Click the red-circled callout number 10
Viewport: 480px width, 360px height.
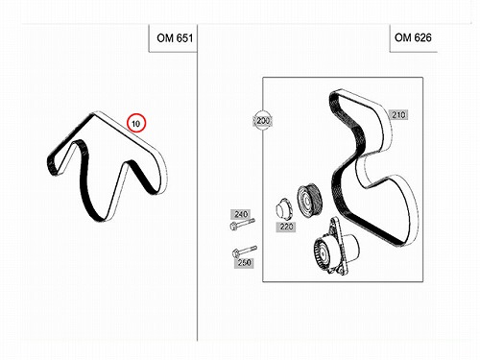tap(136, 123)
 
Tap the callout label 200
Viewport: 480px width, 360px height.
tap(263, 120)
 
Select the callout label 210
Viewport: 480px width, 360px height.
tap(398, 114)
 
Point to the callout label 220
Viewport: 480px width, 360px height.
tap(286, 227)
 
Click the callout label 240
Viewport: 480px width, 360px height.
tap(241, 214)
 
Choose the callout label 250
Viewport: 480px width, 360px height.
tap(244, 263)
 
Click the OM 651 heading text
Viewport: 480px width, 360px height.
tap(175, 38)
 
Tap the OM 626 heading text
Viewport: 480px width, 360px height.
tap(413, 37)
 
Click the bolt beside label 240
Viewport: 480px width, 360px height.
tap(242, 224)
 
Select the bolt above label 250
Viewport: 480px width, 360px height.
tap(244, 252)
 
